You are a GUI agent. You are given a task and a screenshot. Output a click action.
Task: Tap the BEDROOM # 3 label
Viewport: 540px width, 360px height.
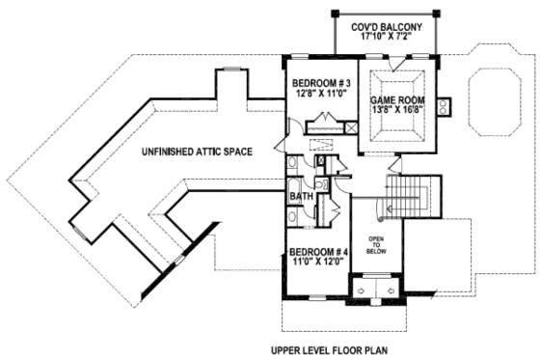tap(320, 84)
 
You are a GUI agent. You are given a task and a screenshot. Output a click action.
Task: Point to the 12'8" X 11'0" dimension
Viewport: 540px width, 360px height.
tap(320, 95)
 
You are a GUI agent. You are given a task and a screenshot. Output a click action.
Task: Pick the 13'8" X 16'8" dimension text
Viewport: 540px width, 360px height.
tap(396, 111)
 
